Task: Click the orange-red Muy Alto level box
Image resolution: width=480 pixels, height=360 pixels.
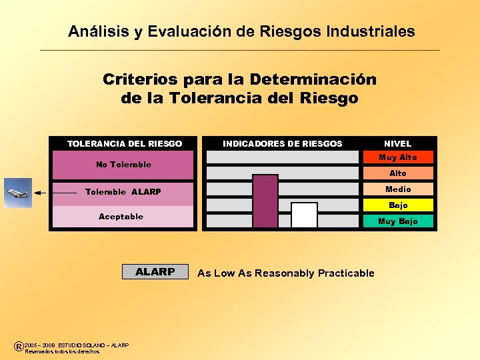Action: [398, 157]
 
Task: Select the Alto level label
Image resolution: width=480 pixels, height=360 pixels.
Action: [398, 173]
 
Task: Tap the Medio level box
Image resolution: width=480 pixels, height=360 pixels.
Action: [398, 189]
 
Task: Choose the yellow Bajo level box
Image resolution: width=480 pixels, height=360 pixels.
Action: [398, 205]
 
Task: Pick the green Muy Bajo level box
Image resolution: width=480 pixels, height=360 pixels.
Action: [398, 221]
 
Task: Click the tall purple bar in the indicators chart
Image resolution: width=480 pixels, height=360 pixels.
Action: [265, 201]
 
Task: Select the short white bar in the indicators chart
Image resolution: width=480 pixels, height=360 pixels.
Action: [304, 215]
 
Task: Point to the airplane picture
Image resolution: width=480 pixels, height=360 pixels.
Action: [17, 193]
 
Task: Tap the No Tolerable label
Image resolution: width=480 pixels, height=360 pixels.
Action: [123, 165]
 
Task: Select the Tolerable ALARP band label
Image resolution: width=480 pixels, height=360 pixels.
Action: [123, 192]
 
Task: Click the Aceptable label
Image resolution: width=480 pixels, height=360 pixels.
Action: [121, 217]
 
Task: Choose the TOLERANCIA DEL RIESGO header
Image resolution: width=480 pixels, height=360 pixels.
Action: [125, 143]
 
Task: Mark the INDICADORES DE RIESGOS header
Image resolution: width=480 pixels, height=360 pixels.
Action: [282, 143]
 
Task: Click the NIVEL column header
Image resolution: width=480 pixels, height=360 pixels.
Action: [398, 143]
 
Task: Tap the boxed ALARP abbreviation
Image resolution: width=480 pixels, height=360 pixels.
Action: [155, 272]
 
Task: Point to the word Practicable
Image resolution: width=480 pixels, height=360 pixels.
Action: [346, 273]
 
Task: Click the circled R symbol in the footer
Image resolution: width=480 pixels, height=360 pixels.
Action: [18, 346]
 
